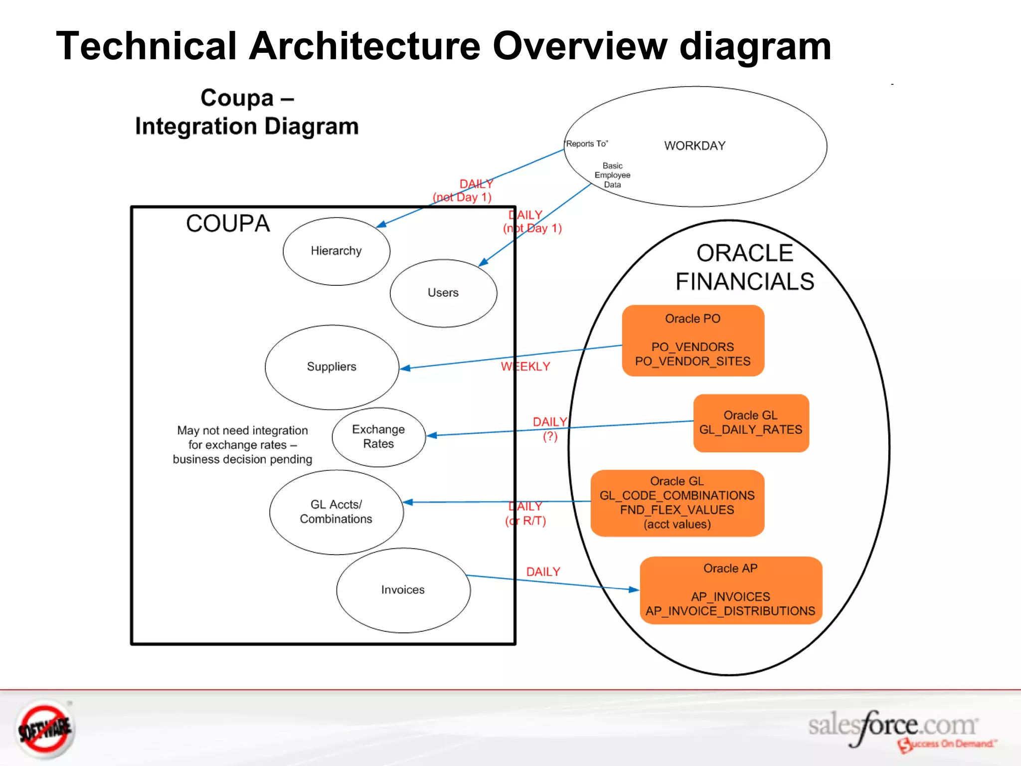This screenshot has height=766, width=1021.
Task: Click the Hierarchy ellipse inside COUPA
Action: click(336, 251)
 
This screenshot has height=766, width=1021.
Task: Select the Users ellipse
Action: click(443, 293)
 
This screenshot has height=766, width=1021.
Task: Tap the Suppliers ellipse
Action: click(332, 367)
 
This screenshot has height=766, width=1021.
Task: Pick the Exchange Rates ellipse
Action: click(378, 437)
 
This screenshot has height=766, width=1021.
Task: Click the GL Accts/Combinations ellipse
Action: click(336, 512)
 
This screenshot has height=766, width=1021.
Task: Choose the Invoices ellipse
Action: click(403, 590)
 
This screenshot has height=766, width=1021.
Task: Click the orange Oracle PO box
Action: click(692, 340)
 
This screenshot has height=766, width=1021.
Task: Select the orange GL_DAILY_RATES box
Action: click(750, 423)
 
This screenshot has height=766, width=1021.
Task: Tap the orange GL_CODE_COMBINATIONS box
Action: click(677, 503)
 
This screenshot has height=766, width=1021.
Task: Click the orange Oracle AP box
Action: click(730, 590)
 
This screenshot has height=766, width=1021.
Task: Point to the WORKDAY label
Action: click(694, 146)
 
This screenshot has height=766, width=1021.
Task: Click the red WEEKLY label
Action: click(525, 367)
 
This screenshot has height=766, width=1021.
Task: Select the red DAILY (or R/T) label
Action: click(525, 514)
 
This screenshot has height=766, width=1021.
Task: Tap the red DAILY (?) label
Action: click(550, 429)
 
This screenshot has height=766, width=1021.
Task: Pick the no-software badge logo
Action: click(45, 729)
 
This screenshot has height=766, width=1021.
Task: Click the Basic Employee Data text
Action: click(612, 175)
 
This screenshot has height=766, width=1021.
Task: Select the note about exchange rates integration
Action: click(242, 445)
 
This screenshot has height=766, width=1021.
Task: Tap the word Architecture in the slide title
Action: click(364, 46)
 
